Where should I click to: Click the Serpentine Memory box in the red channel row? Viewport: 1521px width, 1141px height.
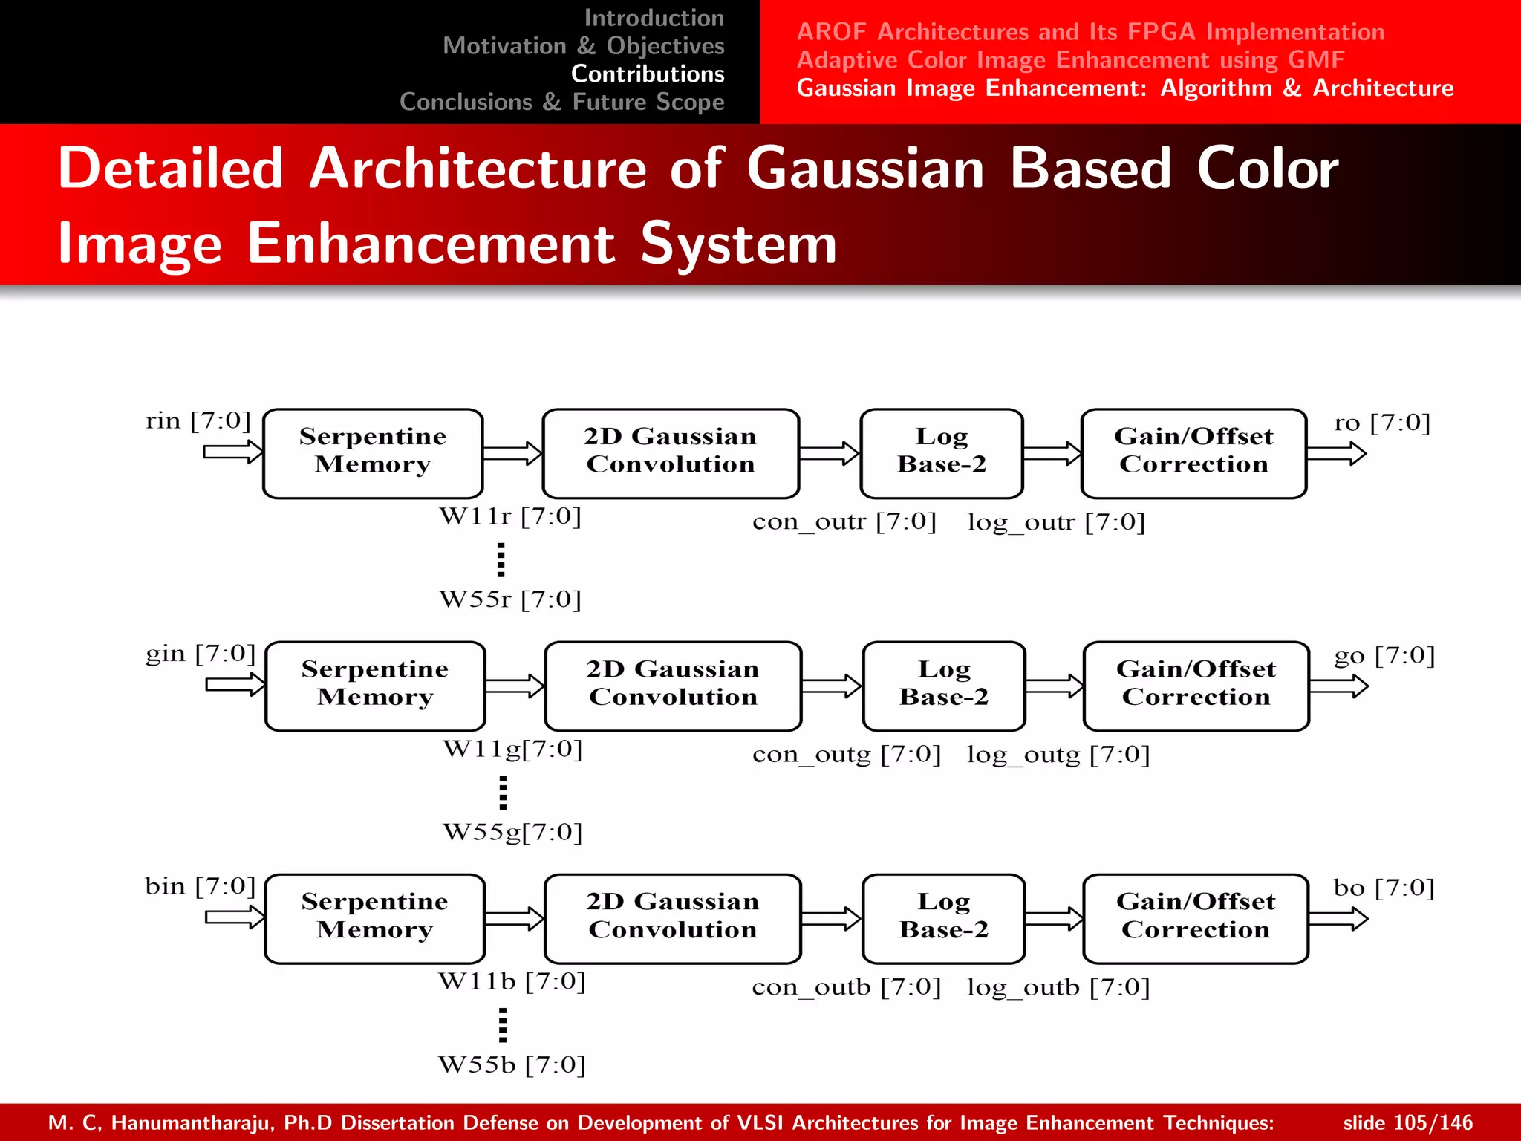(373, 453)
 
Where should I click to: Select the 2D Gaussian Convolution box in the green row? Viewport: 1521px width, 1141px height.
(673, 686)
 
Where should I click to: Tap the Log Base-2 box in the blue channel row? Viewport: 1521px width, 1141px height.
(943, 918)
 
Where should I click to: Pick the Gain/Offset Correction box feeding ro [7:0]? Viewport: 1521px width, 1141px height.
(1193, 453)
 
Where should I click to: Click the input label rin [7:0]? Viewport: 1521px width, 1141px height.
(198, 421)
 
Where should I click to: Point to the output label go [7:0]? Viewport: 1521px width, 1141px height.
(1384, 656)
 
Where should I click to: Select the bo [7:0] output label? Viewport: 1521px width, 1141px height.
(1384, 888)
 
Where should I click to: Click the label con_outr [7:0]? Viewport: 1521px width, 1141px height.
(844, 521)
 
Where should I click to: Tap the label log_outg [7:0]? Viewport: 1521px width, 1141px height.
(1058, 755)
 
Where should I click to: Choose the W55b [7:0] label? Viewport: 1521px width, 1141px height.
(512, 1065)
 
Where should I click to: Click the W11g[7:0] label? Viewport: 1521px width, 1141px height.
(512, 749)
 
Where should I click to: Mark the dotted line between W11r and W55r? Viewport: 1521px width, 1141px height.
(501, 559)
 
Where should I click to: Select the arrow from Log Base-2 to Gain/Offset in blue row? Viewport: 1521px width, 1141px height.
(1054, 919)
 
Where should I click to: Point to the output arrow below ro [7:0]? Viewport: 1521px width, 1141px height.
(1336, 453)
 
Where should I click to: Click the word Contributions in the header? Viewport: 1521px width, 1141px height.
(648, 74)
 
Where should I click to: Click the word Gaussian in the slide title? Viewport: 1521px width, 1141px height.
(865, 169)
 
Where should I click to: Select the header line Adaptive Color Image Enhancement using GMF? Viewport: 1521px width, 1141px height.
(1070, 59)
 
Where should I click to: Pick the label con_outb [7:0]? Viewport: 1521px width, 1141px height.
(846, 987)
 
